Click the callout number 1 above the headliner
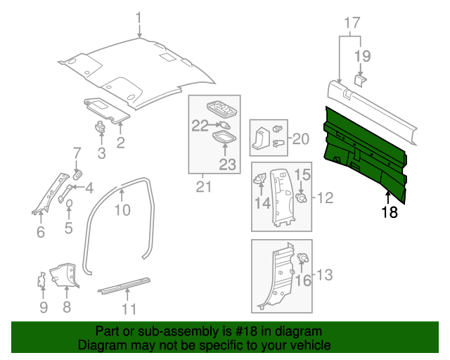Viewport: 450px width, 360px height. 139,18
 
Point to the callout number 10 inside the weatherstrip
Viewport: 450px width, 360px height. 122,210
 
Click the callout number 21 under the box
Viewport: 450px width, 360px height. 203,186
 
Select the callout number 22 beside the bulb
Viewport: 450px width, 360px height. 201,126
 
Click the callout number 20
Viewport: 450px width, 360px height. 300,139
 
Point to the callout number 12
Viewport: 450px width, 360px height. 326,199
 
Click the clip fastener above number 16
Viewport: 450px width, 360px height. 304,258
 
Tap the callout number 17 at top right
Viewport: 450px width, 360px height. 349,22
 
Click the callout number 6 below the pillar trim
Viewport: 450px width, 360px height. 40,231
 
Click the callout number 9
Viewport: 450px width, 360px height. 43,307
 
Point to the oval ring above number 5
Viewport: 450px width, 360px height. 70,204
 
